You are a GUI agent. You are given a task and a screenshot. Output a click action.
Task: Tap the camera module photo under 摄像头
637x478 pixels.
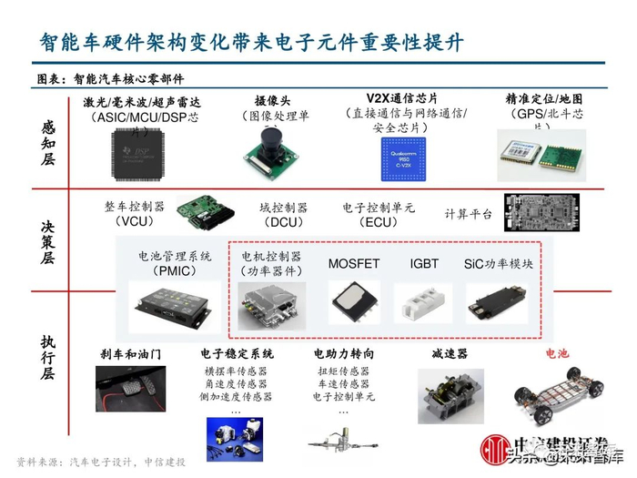click(270, 150)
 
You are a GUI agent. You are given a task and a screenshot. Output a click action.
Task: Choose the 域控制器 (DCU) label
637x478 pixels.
click(284, 215)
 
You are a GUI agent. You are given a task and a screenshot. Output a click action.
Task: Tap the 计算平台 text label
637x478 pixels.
click(468, 214)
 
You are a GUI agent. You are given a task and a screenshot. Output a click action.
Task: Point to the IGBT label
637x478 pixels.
click(424, 264)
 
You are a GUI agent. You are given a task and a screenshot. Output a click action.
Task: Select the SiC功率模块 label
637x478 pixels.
click(498, 264)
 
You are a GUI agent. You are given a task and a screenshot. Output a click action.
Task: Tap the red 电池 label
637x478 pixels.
click(556, 353)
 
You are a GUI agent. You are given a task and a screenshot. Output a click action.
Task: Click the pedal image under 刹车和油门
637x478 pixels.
click(137, 391)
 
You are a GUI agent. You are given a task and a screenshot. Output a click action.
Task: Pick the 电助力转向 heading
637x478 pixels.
click(343, 353)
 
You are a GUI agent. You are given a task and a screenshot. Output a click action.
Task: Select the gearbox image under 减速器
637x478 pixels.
click(450, 396)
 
